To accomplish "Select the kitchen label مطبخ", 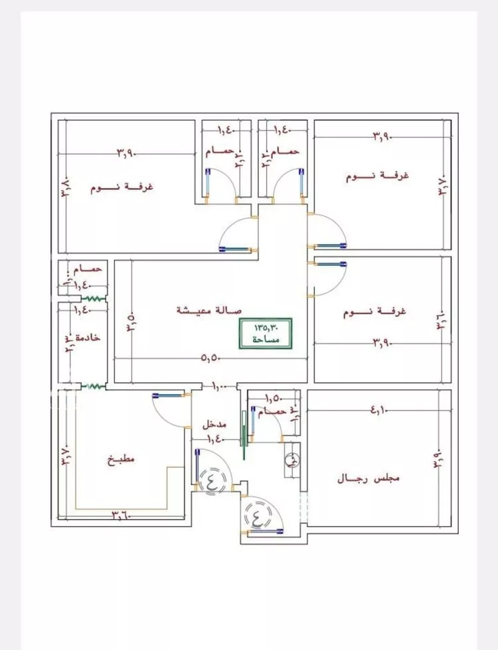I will [x=120, y=459].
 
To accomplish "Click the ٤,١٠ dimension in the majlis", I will [x=379, y=411].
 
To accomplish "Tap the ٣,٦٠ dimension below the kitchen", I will [x=121, y=515].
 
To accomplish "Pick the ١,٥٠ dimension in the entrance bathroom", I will [x=273, y=399].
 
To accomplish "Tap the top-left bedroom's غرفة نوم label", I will [x=122, y=188].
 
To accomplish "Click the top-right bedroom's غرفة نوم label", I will [x=376, y=176].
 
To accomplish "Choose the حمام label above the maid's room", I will [x=89, y=269].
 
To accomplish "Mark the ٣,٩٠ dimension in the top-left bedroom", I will [x=126, y=153].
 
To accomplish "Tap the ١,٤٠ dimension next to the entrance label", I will [x=214, y=439].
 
